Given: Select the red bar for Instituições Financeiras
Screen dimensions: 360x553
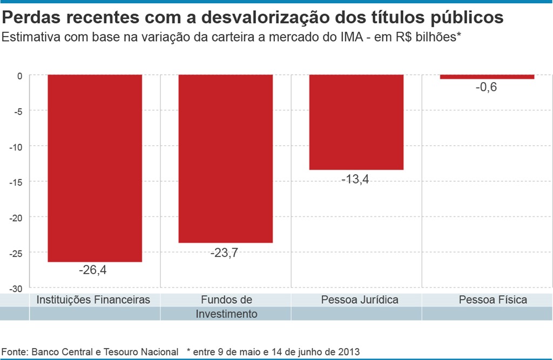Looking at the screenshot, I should [x=95, y=168].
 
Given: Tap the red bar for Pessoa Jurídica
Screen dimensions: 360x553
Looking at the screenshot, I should [x=356, y=122].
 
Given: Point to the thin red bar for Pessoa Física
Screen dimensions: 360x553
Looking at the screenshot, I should [x=487, y=77].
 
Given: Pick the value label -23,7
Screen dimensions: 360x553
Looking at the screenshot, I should [x=223, y=253].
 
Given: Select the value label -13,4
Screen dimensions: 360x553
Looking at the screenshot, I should [x=355, y=179].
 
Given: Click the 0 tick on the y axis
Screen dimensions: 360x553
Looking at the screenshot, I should [x=19, y=76].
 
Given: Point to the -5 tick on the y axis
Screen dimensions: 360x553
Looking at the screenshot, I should [x=17, y=111].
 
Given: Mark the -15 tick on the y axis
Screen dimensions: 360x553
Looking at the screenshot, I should [x=16, y=182].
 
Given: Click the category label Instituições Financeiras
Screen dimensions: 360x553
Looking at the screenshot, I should [x=92, y=300].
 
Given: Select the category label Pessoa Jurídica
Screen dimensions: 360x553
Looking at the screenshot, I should [x=359, y=300].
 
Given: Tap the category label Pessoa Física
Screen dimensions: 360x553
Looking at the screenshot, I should [x=493, y=300].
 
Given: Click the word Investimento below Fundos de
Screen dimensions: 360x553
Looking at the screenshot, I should [x=226, y=314].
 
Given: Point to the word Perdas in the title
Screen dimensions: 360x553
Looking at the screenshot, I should [x=30, y=18].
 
